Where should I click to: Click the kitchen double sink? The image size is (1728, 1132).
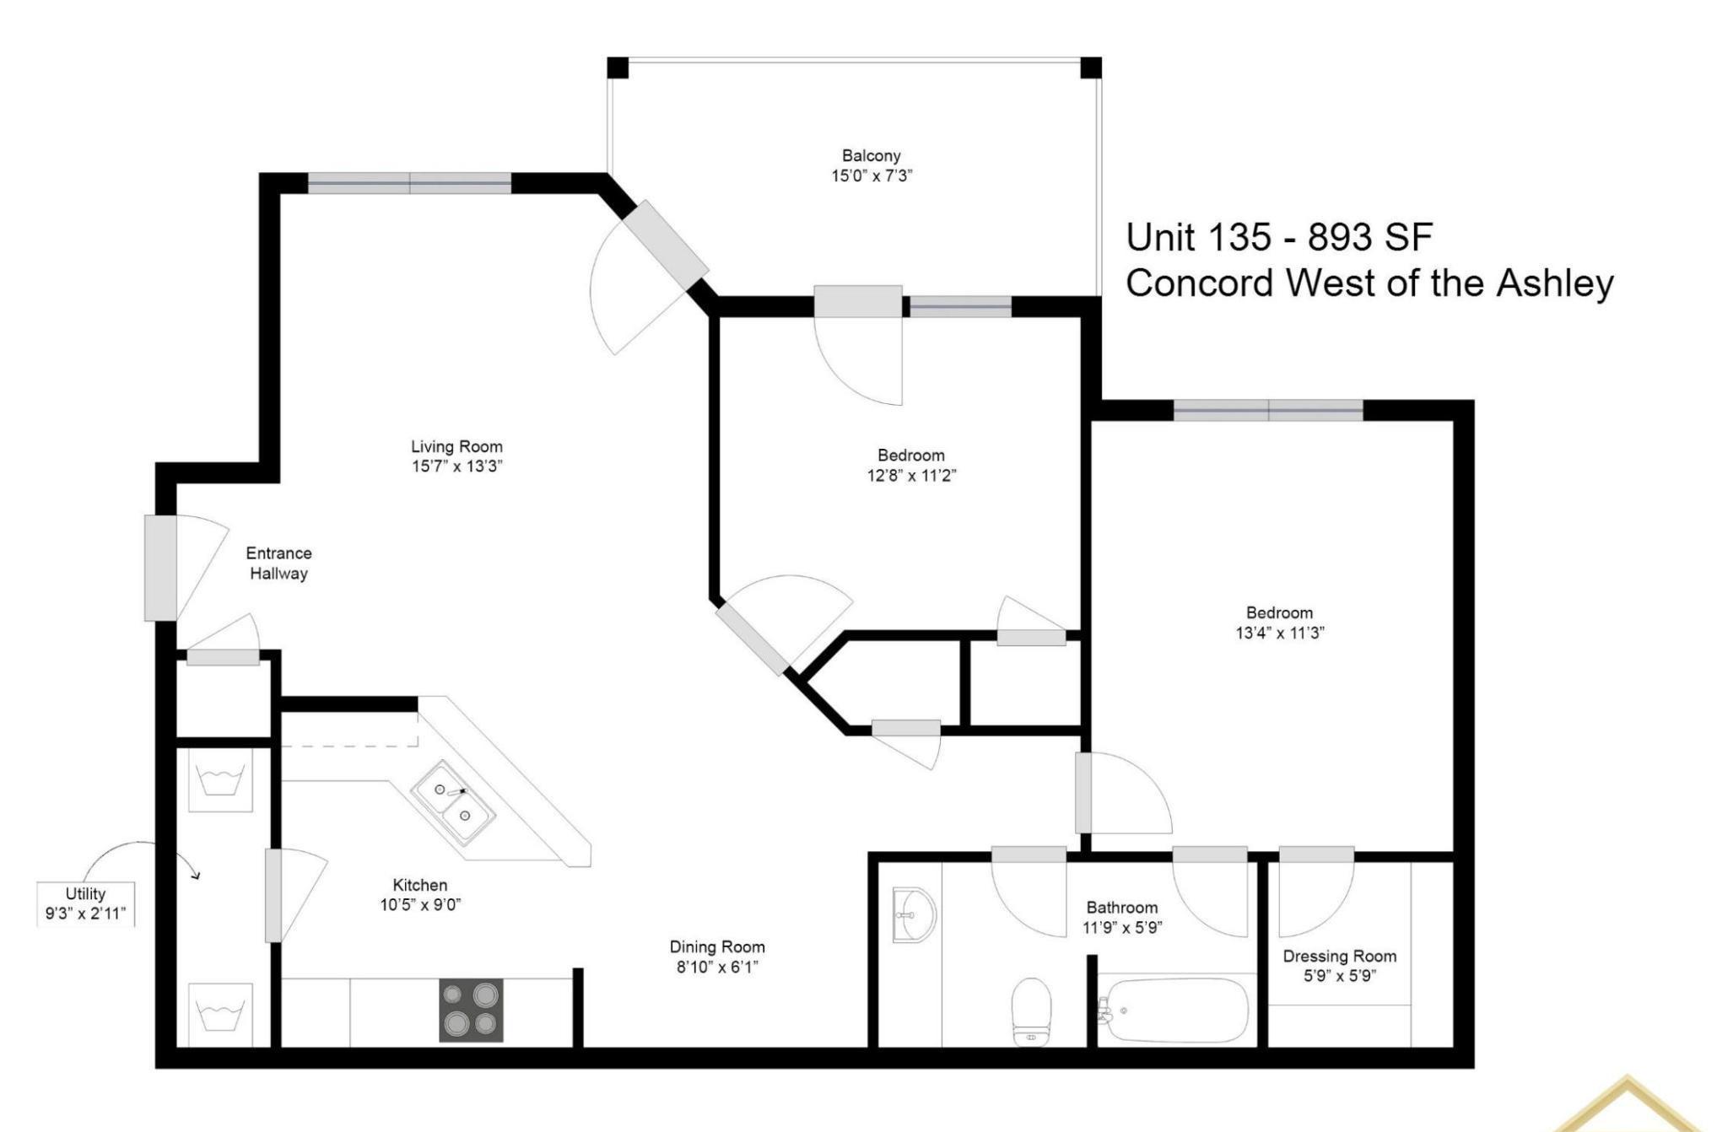(453, 802)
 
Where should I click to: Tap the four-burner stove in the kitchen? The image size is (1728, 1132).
(471, 1010)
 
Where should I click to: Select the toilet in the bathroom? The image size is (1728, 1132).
(1031, 1011)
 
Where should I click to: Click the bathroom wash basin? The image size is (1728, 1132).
(915, 914)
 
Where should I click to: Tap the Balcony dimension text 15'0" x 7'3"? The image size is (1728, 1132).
(872, 175)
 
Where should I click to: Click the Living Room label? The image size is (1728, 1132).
(456, 446)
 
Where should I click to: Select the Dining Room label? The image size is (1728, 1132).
(717, 946)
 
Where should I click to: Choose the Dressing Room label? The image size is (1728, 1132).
(1339, 956)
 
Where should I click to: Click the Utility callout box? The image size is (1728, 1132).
(85, 903)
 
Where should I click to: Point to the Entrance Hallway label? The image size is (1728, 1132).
(278, 563)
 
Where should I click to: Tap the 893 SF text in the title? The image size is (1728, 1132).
(1370, 237)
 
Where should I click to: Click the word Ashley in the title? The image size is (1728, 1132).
(1554, 283)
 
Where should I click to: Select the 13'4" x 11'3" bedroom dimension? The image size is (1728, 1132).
(1280, 633)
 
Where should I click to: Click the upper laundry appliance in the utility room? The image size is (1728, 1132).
(220, 780)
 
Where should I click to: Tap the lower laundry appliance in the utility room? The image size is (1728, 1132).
(220, 1015)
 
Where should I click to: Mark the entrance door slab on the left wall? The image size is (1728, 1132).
(160, 568)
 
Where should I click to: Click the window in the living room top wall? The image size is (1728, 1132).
(409, 183)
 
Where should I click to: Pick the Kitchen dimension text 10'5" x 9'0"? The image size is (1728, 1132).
(420, 905)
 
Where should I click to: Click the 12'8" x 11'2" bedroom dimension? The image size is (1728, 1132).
(911, 475)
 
